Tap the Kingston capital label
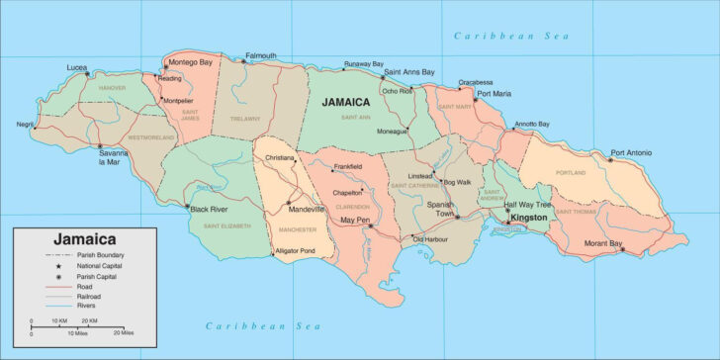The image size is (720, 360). pos(527,216)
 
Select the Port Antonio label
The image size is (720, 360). pos(632,152)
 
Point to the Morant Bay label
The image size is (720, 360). pos(602,243)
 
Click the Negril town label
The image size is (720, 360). pos(25,125)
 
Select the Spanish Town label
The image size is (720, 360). pos(439,208)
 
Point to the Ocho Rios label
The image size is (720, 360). pos(398,91)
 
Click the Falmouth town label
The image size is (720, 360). pos(261,55)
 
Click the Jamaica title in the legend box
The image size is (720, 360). pos(83,239)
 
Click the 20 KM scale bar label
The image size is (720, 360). pos(89,321)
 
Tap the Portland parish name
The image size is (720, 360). pos(571,171)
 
